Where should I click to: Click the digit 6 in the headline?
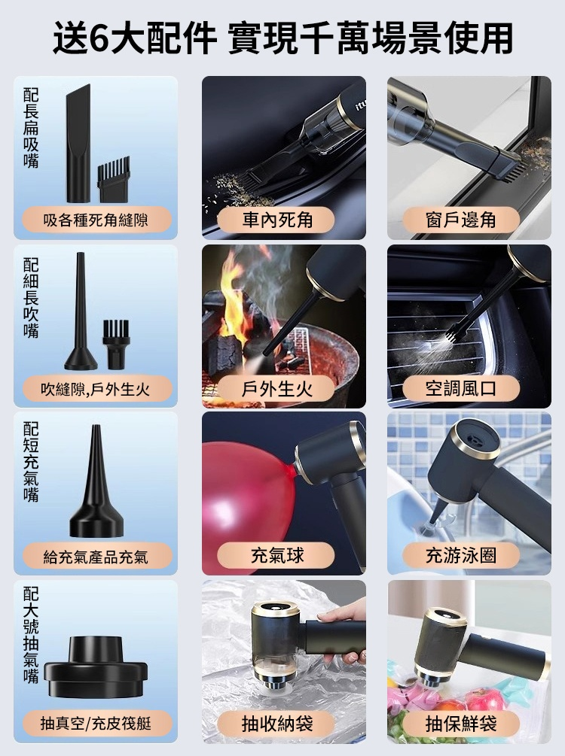(x=99, y=38)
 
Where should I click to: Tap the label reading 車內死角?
(x=277, y=220)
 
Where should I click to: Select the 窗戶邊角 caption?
(x=461, y=220)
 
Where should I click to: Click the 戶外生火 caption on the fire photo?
(x=277, y=389)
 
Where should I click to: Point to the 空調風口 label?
(x=461, y=389)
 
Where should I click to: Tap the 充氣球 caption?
(x=277, y=555)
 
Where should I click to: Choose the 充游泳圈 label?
(x=461, y=555)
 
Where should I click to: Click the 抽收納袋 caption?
(x=277, y=724)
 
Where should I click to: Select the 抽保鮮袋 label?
(x=461, y=724)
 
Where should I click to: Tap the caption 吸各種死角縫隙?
(x=96, y=220)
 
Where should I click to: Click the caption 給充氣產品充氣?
(x=96, y=557)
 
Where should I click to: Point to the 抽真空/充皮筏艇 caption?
(x=96, y=724)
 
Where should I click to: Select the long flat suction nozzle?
(x=78, y=144)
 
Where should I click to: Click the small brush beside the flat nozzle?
(x=114, y=179)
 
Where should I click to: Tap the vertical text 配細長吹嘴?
(x=31, y=298)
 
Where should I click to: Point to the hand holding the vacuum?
(x=343, y=627)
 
